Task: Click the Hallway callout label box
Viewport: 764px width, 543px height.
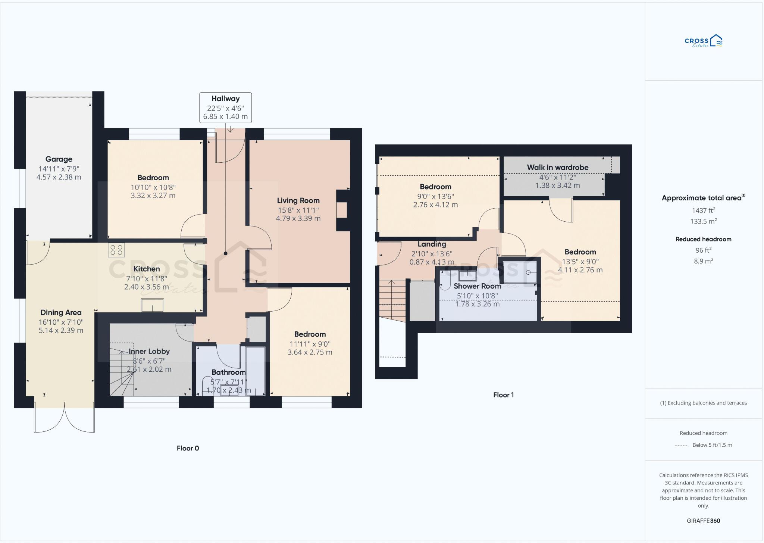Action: pyautogui.click(x=225, y=107)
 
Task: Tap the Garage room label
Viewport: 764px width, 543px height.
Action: pyautogui.click(x=59, y=159)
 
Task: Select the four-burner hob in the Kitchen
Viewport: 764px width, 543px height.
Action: pyautogui.click(x=116, y=250)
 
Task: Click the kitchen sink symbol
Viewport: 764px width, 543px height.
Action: pyautogui.click(x=152, y=305)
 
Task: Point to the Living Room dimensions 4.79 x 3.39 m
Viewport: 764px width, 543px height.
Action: pyautogui.click(x=298, y=219)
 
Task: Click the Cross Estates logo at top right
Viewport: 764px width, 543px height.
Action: pyautogui.click(x=703, y=41)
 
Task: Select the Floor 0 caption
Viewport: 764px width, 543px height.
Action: pyautogui.click(x=188, y=448)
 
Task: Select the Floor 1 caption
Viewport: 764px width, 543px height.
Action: pyautogui.click(x=503, y=395)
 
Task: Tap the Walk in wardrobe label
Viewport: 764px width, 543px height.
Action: pyautogui.click(x=557, y=168)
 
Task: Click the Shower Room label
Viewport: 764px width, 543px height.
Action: pyautogui.click(x=477, y=286)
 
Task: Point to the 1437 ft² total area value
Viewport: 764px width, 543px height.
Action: pyautogui.click(x=703, y=210)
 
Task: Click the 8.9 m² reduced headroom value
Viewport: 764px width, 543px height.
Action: pyautogui.click(x=703, y=261)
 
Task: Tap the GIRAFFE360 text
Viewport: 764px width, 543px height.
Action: pyautogui.click(x=703, y=521)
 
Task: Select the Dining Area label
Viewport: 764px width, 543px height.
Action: pyautogui.click(x=61, y=313)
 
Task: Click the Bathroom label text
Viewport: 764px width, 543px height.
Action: pyautogui.click(x=228, y=372)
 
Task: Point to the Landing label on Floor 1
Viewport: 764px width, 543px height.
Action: pyautogui.click(x=432, y=244)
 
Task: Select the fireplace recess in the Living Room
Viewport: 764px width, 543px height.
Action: pyautogui.click(x=342, y=210)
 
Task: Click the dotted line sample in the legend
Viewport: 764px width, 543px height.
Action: pyautogui.click(x=682, y=445)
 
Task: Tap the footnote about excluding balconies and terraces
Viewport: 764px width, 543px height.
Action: pyautogui.click(x=703, y=403)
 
